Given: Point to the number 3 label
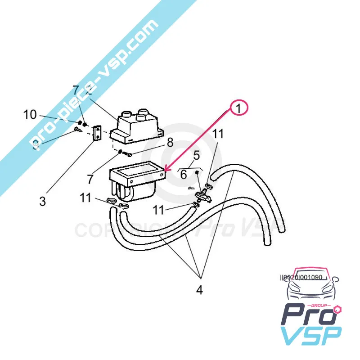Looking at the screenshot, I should (42, 201).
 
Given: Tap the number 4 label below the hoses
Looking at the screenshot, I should (199, 290).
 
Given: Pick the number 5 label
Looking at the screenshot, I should (184, 175).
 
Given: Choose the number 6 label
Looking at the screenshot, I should (184, 175).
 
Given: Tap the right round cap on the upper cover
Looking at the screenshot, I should (144, 111).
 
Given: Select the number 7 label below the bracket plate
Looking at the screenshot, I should (90, 179).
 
